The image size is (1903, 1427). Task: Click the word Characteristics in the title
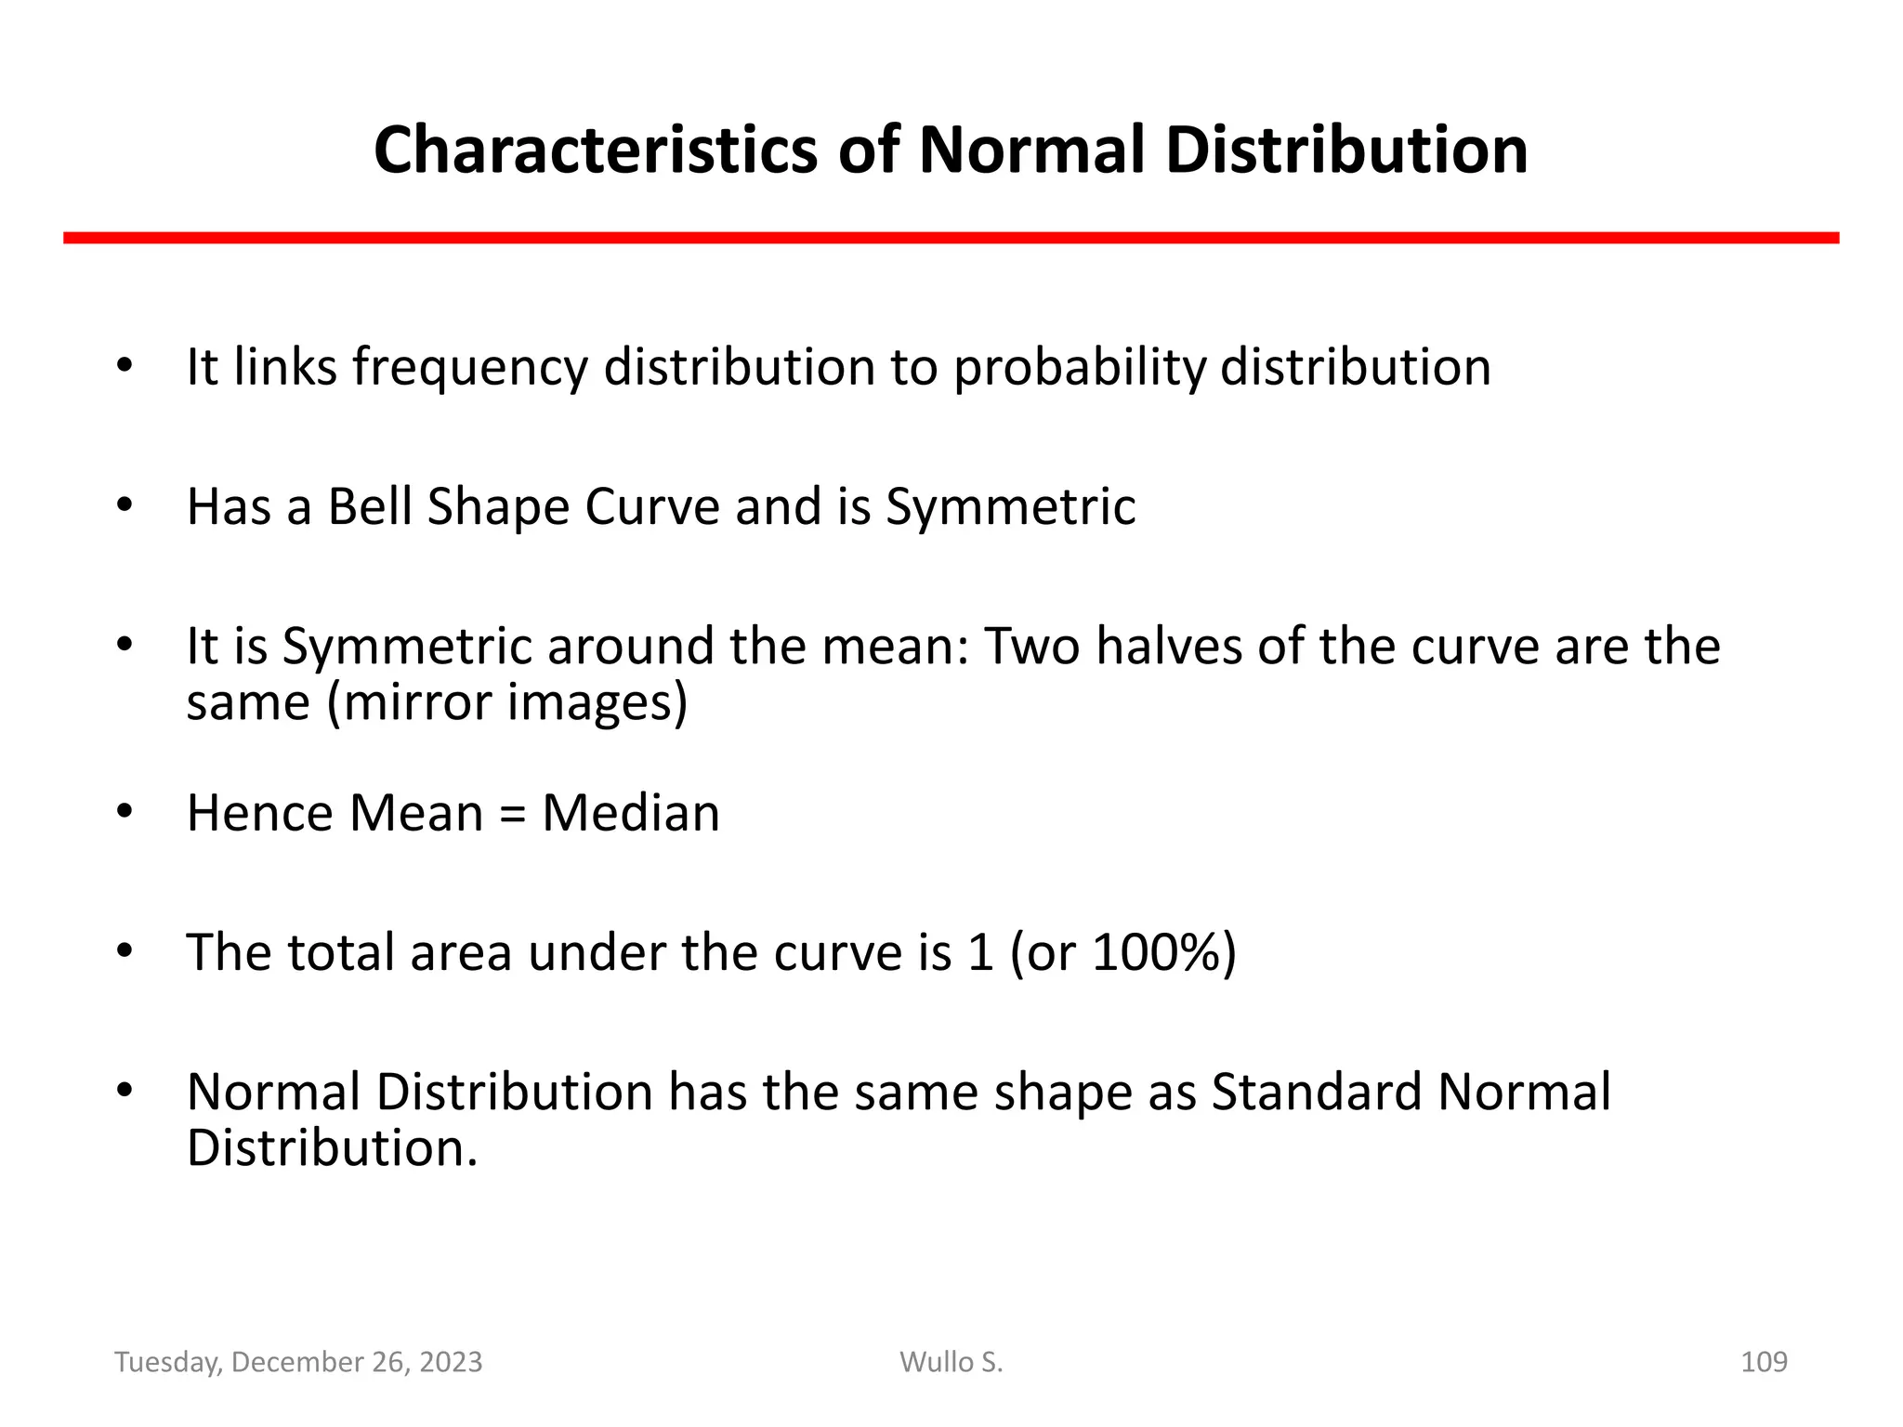click(596, 151)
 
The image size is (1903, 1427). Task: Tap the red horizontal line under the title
click(951, 239)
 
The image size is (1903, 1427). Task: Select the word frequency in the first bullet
click(469, 368)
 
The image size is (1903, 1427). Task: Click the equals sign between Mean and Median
click(512, 815)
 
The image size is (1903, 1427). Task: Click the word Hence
click(259, 813)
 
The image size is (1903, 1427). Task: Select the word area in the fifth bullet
click(461, 954)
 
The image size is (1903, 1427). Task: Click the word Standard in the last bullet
click(1316, 1092)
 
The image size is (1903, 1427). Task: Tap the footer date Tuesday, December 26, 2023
click(298, 1362)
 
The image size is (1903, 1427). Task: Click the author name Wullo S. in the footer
click(951, 1362)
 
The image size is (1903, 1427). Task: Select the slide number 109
click(1763, 1362)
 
